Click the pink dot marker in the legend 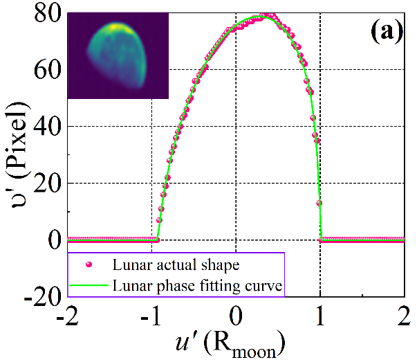pyautogui.click(x=87, y=264)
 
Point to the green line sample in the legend pyautogui.click(x=87, y=285)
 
